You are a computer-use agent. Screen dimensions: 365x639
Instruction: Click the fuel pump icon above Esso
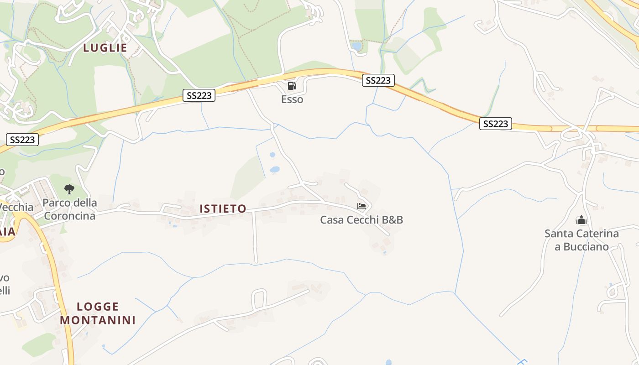292,85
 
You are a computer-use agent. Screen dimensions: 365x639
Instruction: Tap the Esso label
292,99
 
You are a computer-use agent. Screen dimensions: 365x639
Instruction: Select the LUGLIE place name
105,48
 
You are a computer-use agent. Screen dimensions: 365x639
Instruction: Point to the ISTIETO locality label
223,209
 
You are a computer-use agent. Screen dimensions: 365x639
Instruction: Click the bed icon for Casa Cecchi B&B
361,206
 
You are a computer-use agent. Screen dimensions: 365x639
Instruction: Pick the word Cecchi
363,220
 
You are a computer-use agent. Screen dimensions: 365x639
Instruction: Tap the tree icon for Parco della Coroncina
69,189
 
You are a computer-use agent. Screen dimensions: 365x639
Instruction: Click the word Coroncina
70,216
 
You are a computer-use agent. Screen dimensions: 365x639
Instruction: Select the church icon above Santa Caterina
581,220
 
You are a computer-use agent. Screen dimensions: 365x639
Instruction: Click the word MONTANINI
98,320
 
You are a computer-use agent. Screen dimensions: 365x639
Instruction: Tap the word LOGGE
98,307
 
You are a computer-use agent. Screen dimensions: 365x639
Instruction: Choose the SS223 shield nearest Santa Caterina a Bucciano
496,124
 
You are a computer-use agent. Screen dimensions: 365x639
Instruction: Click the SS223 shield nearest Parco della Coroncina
22,140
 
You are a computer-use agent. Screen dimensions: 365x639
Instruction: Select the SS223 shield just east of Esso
378,80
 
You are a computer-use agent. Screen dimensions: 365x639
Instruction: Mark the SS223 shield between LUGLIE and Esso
199,95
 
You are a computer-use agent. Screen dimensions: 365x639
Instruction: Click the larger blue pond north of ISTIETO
275,170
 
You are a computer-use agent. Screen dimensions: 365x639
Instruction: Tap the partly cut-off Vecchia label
16,207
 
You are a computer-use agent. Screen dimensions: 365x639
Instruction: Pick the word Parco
57,203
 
